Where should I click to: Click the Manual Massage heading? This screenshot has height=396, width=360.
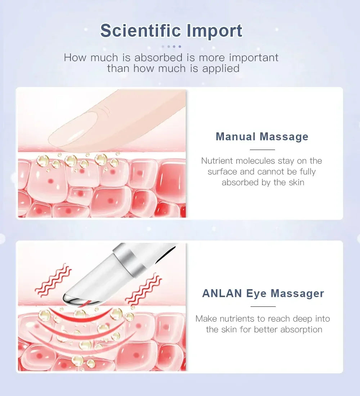[x=262, y=137]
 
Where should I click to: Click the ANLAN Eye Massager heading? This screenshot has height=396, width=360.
[x=263, y=293]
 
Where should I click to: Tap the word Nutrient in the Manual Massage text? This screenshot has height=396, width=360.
[x=217, y=161]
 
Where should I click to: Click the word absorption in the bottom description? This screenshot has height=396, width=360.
[x=302, y=329]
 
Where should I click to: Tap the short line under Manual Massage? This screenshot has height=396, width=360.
[x=262, y=150]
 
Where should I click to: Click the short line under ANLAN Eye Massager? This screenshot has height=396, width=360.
[x=263, y=306]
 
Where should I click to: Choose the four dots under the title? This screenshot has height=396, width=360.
[x=171, y=46]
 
